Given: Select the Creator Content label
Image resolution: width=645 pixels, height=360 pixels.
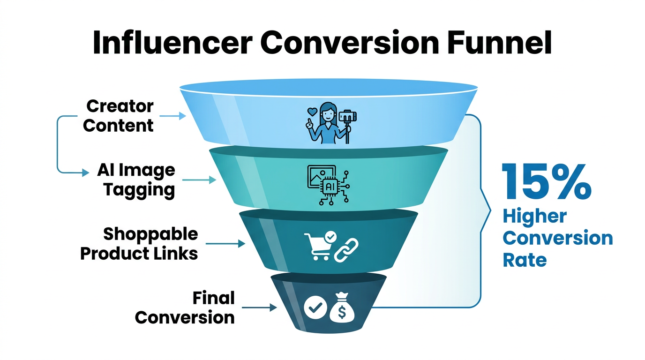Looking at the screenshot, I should pyautogui.click(x=119, y=116).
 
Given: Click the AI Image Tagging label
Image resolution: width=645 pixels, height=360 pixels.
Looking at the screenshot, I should pyautogui.click(x=136, y=180).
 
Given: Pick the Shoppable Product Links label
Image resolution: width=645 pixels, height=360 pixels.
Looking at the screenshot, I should pyautogui.click(x=139, y=243).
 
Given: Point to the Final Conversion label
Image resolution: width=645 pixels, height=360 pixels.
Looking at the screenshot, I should pyautogui.click(x=185, y=307).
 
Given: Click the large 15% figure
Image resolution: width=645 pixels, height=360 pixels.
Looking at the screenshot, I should pyautogui.click(x=546, y=181).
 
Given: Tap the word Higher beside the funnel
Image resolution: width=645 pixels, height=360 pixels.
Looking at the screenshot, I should pyautogui.click(x=534, y=217).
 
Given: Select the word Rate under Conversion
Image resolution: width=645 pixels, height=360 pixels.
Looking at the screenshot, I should pyautogui.click(x=525, y=259).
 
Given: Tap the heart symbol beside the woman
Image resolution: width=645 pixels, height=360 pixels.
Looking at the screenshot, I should pyautogui.click(x=310, y=112).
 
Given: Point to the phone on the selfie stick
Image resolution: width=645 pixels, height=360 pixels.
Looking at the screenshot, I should pyautogui.click(x=346, y=115).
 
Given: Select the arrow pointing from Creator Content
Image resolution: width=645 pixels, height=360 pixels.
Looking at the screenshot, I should pyautogui.click(x=172, y=116).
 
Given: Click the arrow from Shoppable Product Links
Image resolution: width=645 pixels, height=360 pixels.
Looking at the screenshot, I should pyautogui.click(x=225, y=243).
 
